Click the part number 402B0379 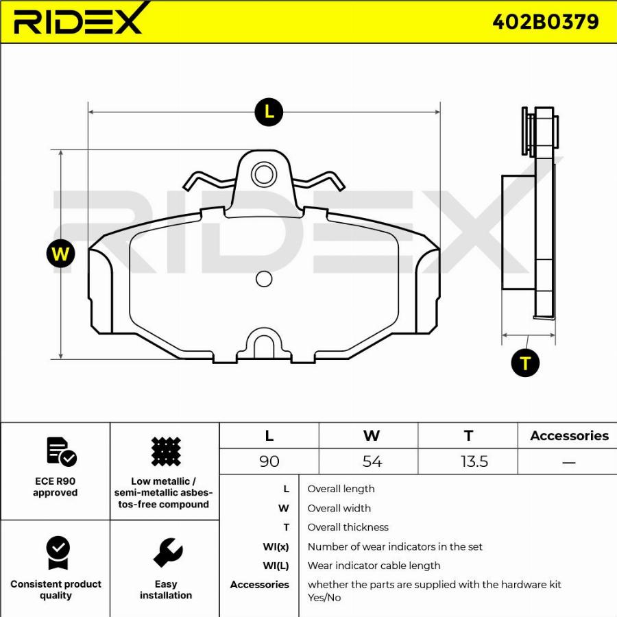[545, 22]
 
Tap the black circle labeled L [269, 112]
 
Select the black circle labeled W [61, 254]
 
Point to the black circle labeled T [525, 363]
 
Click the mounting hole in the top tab [263, 174]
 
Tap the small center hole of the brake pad [263, 278]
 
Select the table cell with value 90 [269, 461]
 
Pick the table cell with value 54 [372, 461]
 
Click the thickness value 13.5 [474, 461]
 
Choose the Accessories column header [569, 436]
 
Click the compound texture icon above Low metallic [165, 452]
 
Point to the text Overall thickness [348, 527]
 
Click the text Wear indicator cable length [374, 566]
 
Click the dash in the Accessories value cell [568, 462]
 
